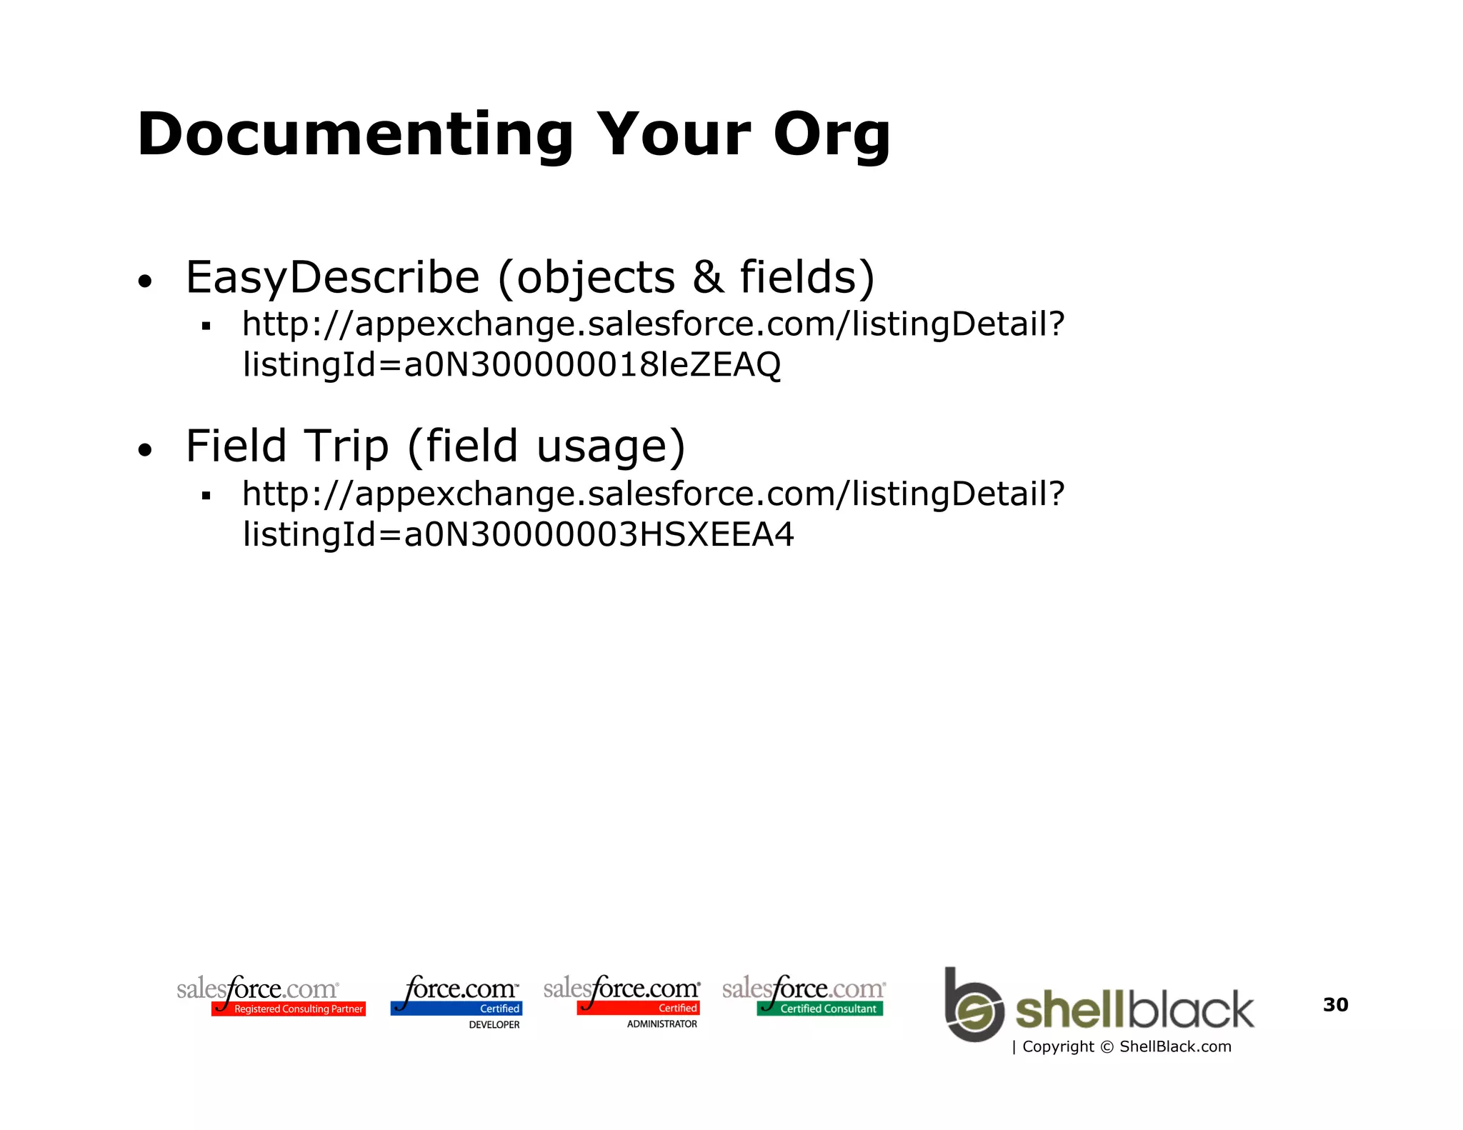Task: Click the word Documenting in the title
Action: [355, 134]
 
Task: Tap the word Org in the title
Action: [832, 136]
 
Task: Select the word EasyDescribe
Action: [332, 277]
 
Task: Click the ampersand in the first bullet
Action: [707, 277]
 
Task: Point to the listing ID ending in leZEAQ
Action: [511, 365]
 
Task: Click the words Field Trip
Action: [287, 446]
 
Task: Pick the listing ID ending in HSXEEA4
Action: [518, 534]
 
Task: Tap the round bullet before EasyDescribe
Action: [145, 281]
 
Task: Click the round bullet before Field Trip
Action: [145, 450]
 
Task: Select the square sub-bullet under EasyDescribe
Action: [206, 326]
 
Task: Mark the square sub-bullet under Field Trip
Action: [206, 496]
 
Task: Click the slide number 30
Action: [1335, 1004]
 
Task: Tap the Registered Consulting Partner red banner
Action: [289, 1009]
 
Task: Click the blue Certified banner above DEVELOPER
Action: [456, 1009]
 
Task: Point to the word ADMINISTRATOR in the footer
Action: [661, 1024]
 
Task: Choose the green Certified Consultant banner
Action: [820, 1009]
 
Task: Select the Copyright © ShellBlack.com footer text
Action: [1126, 1046]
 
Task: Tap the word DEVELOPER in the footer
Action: [494, 1024]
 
